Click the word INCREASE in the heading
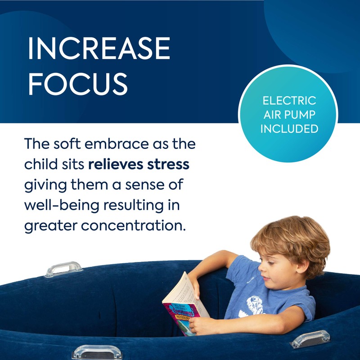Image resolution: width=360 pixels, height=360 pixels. click(x=99, y=50)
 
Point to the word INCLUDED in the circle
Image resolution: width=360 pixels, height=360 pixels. click(x=289, y=129)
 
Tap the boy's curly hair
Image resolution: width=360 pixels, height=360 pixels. click(x=288, y=241)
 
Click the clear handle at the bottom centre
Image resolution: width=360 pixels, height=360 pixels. click(x=97, y=351)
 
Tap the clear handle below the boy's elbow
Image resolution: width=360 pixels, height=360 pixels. click(x=310, y=339)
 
